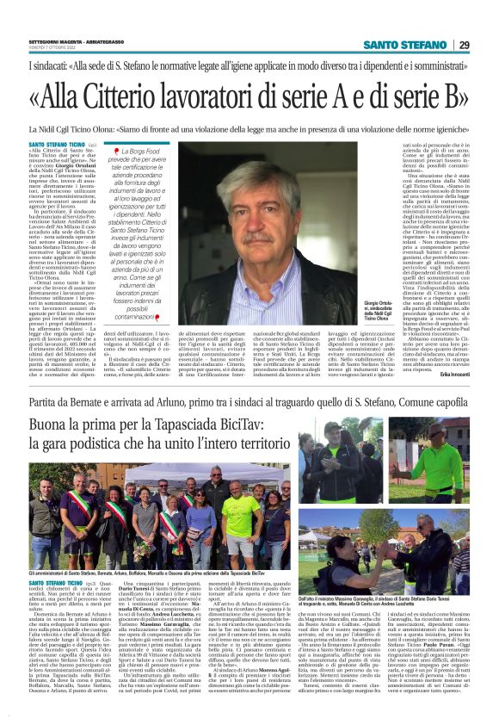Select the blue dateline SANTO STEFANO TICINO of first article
tap(57, 146)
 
